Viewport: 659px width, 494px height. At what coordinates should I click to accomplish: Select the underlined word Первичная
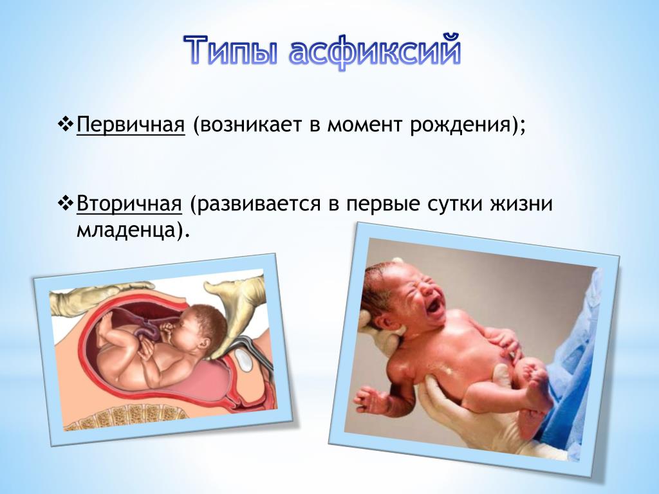(131, 125)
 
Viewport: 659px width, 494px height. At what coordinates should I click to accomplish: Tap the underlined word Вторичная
(129, 204)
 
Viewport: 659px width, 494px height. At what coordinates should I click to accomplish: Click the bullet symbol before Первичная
(66, 124)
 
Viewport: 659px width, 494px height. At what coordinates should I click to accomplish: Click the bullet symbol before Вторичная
(66, 203)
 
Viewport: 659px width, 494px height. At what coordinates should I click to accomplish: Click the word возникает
(251, 125)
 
